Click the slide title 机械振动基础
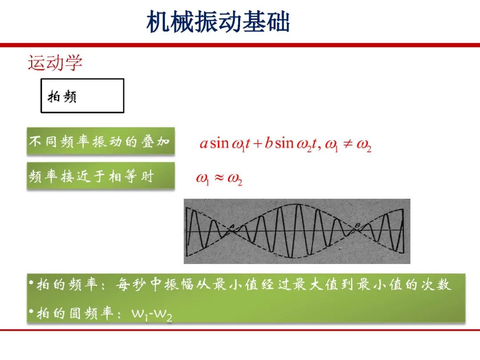(218, 21)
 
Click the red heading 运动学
(55, 63)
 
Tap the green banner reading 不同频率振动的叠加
(101, 141)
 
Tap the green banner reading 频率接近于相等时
(101, 176)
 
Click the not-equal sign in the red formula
(348, 143)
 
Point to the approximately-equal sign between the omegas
(219, 177)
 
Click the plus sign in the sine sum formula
(258, 143)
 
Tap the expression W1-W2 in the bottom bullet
(152, 314)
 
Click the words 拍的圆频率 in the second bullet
(75, 313)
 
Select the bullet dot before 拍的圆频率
(31, 311)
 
